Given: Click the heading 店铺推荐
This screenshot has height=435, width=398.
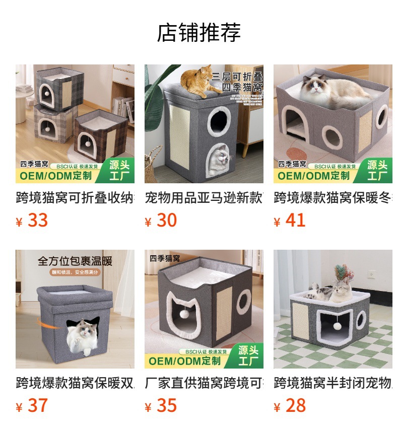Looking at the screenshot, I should pos(199,33).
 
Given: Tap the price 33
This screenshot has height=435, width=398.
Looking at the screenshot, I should pos(37,220).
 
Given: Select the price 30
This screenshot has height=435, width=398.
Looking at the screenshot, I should pos(166,220).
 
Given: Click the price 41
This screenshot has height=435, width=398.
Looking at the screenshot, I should pos(295,220).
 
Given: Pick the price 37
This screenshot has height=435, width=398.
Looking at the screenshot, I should pos(37,405).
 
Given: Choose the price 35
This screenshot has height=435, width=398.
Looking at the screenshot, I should pos(166,405).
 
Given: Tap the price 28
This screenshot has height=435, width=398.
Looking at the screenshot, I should pos(295,405).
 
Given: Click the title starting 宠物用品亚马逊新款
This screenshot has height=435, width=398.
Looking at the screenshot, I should pos(204,197).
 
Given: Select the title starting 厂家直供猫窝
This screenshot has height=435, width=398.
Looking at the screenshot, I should pos(204,383).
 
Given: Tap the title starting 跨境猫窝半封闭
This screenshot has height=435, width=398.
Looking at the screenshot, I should pos(333,383).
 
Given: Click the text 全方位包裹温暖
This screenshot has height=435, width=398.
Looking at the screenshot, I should pos(75,261).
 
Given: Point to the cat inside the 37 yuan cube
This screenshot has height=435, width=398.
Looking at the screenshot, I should pos(82,333).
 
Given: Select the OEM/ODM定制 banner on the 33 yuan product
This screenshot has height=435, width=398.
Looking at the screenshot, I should pos(55,176).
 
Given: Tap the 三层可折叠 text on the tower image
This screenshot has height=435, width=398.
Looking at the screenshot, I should pos(237,77).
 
